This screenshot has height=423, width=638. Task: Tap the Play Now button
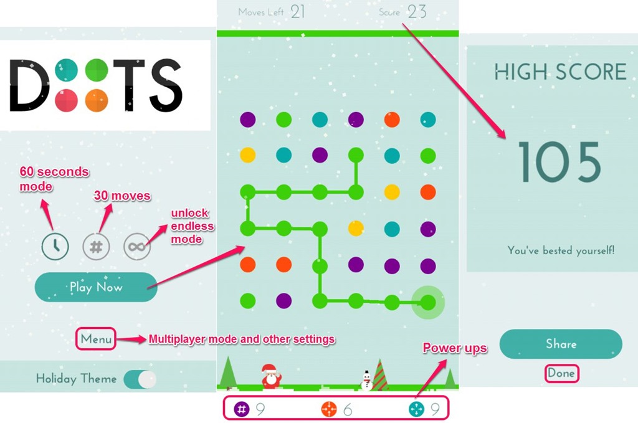coord(96,287)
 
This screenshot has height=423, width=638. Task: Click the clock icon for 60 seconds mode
coord(55,247)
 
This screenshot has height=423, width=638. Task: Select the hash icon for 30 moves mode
coord(96,247)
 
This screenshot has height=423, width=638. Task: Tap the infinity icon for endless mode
coord(136,247)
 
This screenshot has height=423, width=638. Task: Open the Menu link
coord(96,339)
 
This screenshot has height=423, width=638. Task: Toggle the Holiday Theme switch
coord(140,379)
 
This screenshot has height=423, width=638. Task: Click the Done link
coord(561,374)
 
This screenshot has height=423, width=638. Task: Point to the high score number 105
coord(559,162)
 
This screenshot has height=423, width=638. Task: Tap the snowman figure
coord(367,380)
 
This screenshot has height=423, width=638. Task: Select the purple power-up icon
coord(242,409)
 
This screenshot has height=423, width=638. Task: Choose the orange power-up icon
coord(329,409)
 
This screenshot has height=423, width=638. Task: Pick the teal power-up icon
coord(416,409)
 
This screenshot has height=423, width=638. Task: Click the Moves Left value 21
coord(298,11)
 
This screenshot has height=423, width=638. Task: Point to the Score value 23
coord(417,11)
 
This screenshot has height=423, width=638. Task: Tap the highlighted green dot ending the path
coord(428,302)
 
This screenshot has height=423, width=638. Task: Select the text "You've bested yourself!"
coord(561,250)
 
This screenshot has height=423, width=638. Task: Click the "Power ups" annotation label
coord(455,348)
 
